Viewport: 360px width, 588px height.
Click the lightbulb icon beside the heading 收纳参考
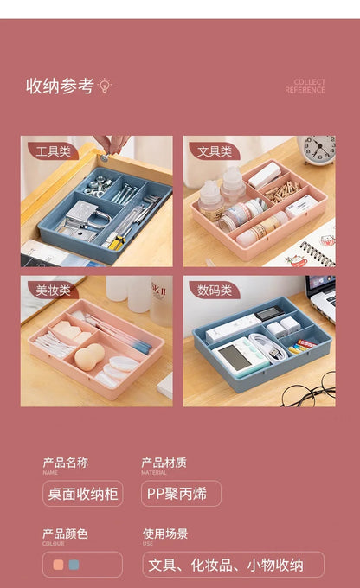[x=106, y=86]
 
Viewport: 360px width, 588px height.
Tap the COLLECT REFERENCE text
[x=305, y=86]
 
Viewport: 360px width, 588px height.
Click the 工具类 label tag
[x=53, y=150]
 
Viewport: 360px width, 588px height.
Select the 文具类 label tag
[x=214, y=150]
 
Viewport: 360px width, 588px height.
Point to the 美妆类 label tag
[x=53, y=290]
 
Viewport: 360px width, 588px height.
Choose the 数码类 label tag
[x=214, y=290]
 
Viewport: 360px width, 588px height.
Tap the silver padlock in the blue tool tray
[x=80, y=214]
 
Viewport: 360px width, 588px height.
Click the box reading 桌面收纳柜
[x=82, y=494]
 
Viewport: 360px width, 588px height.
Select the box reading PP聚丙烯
[x=181, y=494]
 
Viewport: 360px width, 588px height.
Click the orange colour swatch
[x=58, y=565]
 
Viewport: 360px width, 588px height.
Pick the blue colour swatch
[x=74, y=565]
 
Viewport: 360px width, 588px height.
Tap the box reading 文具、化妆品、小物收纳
[x=233, y=565]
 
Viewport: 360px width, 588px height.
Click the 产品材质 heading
[x=164, y=463]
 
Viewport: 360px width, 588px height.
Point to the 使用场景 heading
[x=165, y=534]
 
